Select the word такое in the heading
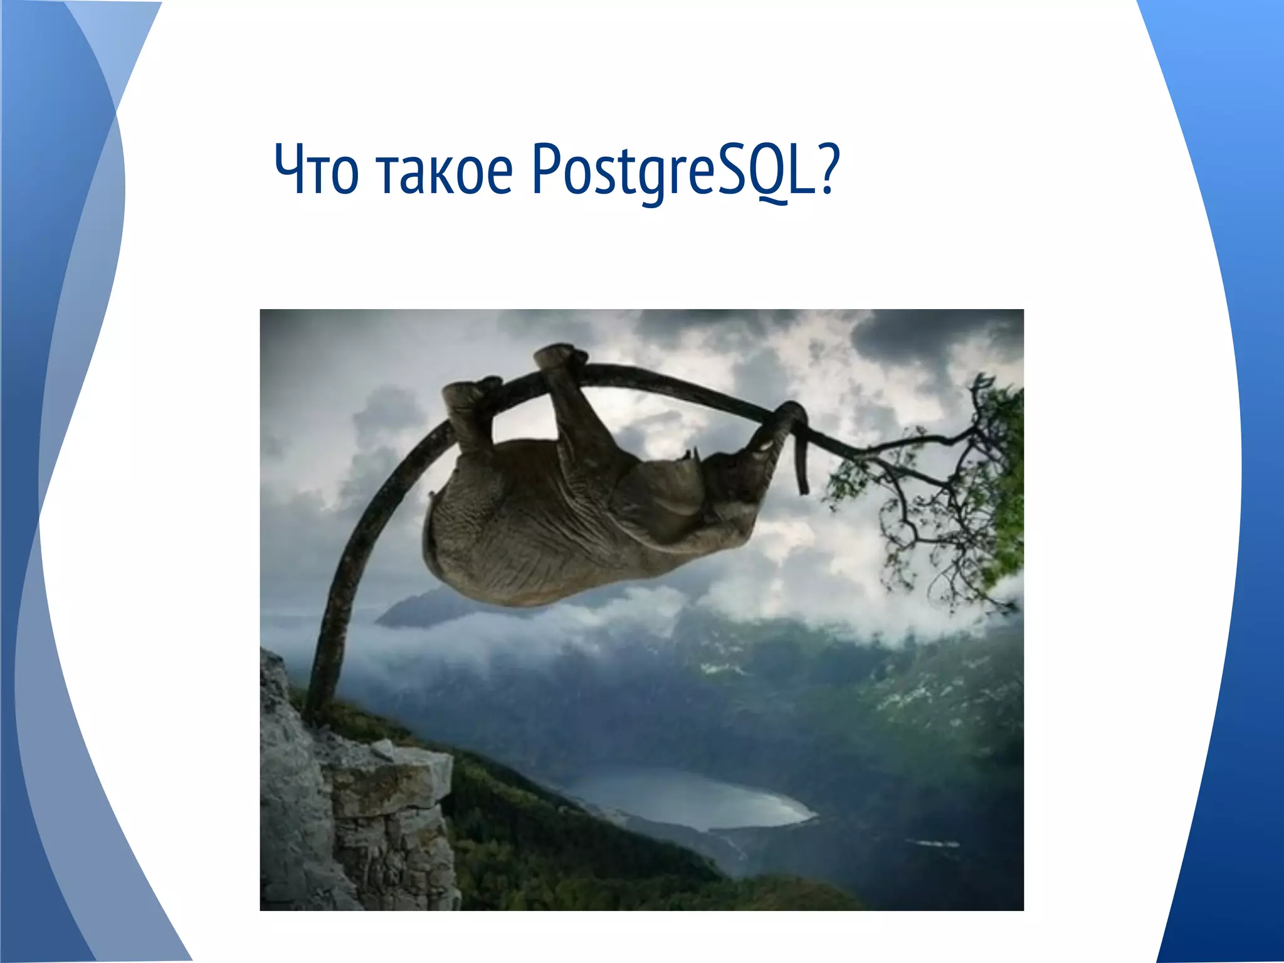445,171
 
